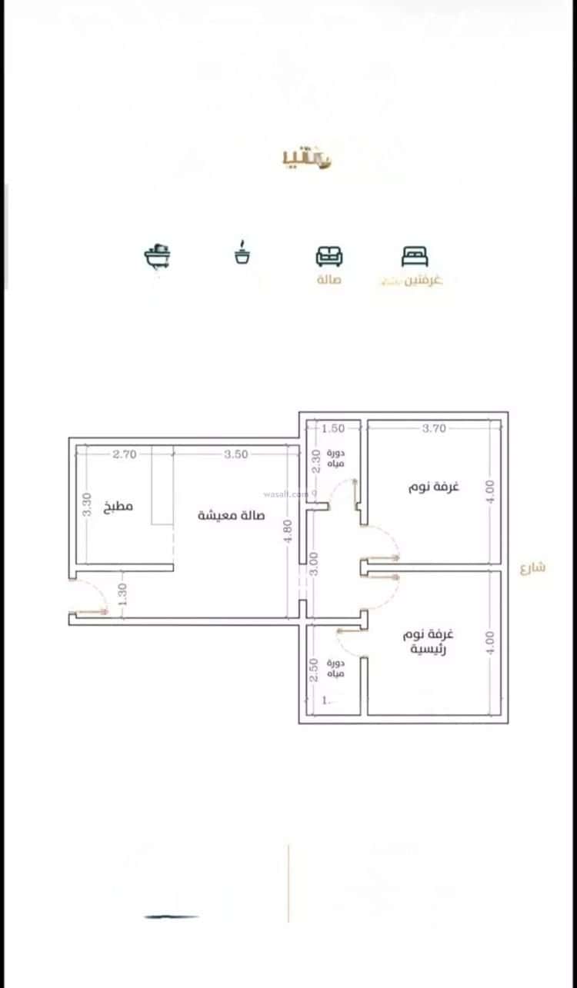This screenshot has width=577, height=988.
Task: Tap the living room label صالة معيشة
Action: point(231,515)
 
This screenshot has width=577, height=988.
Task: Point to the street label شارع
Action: point(532,568)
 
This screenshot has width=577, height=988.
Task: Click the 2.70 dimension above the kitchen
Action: point(124,454)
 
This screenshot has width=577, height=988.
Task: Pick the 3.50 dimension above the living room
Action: point(236,454)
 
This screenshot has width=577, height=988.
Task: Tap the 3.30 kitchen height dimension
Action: point(87,504)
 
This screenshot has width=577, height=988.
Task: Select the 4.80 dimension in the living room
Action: point(287,531)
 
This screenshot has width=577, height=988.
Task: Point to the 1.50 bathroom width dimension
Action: point(333,428)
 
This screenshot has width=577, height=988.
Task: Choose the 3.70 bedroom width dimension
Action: point(434,428)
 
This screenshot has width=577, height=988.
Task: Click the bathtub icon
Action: point(158,255)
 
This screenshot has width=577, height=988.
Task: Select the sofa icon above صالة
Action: point(329,256)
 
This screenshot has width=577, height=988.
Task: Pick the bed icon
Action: point(415,256)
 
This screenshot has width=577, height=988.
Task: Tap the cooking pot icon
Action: point(243,254)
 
